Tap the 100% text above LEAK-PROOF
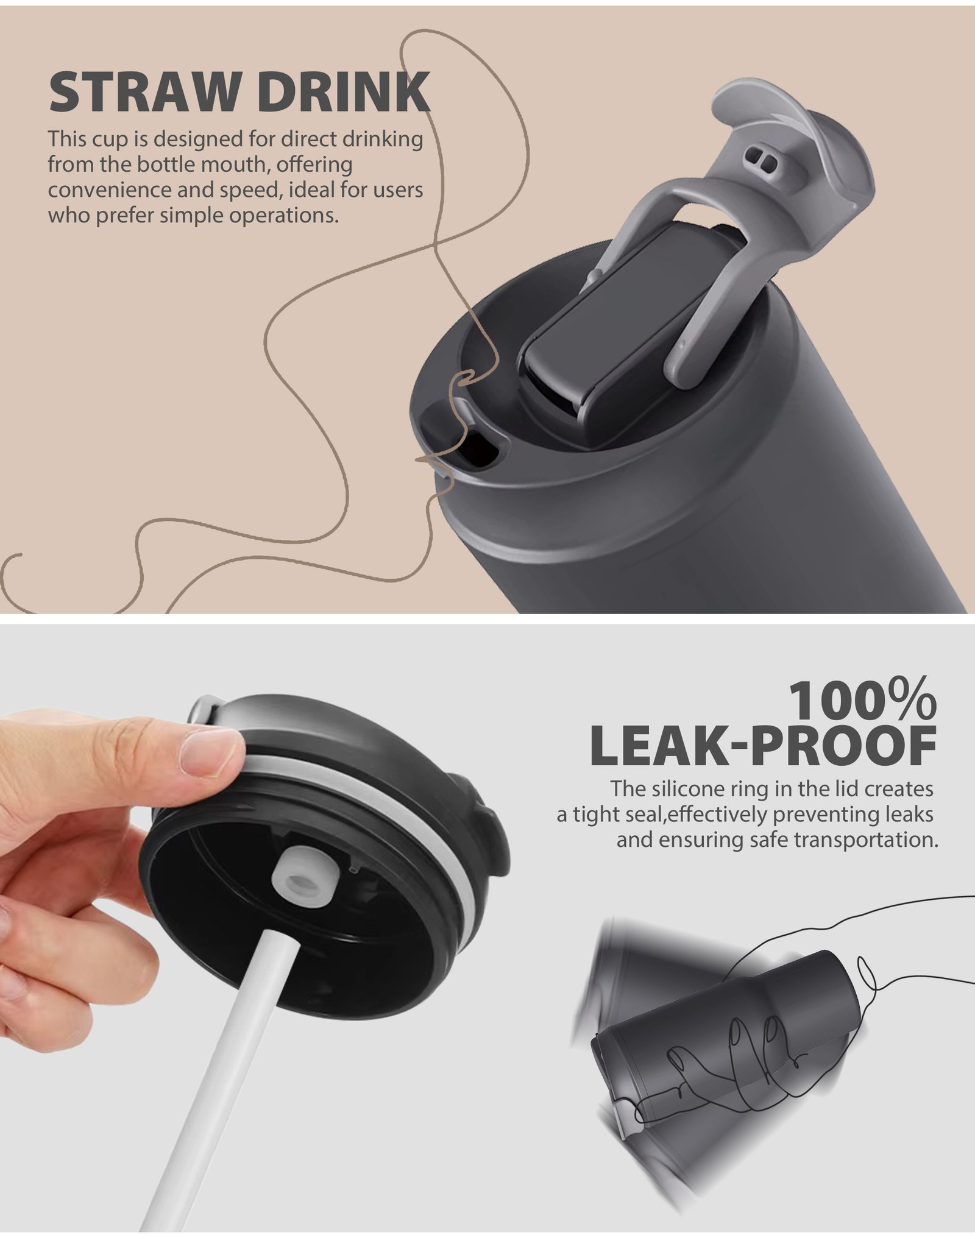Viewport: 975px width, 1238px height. (863, 701)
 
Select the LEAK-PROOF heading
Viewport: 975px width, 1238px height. (764, 746)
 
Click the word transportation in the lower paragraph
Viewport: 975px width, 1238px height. (865, 840)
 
